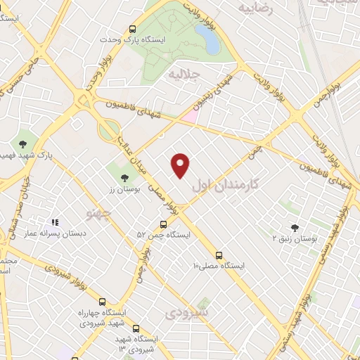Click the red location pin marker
181,165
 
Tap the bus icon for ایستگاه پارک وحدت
133,30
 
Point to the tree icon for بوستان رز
124,178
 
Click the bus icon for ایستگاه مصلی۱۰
219,255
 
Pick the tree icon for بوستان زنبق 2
295,227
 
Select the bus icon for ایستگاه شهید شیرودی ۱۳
136,328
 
